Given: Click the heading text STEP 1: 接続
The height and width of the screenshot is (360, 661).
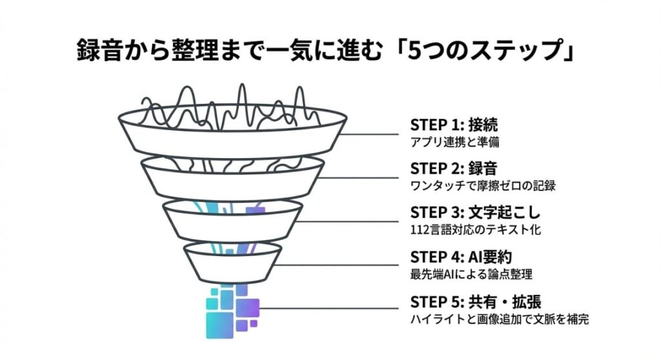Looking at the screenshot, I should coord(454,125).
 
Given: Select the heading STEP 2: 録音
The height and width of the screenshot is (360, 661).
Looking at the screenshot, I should coord(454,169).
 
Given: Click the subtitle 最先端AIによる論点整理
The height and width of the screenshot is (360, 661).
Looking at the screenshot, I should coord(471,274).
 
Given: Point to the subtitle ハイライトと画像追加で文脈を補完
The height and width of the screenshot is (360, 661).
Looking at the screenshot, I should coord(500,319).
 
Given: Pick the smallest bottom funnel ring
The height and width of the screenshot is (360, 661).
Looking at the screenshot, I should coord(232,261).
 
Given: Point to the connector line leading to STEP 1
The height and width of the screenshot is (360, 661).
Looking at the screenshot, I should coord(374,134).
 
